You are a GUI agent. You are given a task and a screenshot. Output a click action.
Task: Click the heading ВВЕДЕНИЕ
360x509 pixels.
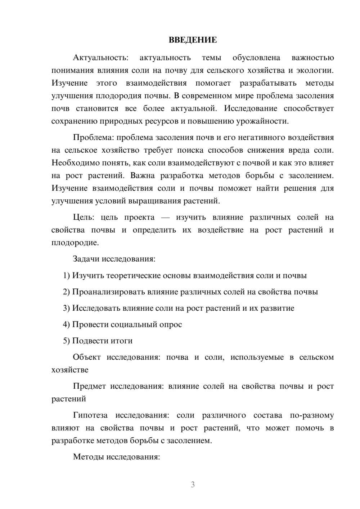(x=193, y=40)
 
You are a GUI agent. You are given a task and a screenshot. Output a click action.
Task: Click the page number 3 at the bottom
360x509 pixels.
(x=193, y=485)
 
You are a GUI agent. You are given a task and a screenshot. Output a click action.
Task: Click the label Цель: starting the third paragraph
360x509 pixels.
(x=84, y=217)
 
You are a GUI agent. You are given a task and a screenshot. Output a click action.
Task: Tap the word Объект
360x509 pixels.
(x=86, y=357)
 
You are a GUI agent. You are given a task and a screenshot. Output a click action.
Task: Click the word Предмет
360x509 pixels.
(x=89, y=386)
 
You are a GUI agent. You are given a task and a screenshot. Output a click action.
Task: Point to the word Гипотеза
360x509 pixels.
(x=90, y=415)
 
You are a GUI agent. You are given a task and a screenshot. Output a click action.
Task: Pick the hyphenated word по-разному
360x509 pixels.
(x=312, y=415)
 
